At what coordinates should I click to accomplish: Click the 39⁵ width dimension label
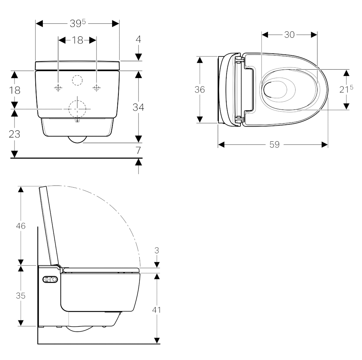tap(77, 24)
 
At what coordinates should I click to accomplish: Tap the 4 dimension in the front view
tap(138, 39)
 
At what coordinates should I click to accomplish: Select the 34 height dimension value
tap(138, 107)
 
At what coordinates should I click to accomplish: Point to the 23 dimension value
tap(14, 134)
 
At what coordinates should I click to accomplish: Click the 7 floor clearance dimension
tap(138, 150)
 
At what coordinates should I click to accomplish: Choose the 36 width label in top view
tap(199, 89)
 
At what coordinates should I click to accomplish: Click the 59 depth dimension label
tap(274, 145)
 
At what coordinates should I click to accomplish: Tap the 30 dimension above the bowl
tap(289, 35)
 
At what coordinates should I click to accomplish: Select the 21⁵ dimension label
tap(346, 89)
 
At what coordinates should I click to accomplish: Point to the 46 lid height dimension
tap(21, 226)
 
